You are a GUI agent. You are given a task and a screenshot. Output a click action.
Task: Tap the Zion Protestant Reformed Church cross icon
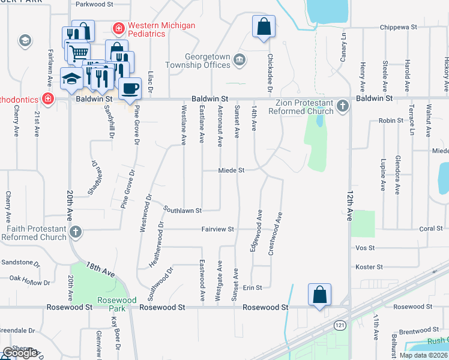[x=343, y=106]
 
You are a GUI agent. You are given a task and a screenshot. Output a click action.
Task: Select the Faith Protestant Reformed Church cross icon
[x=76, y=232]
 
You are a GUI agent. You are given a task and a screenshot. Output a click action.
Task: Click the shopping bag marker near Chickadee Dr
[x=264, y=27]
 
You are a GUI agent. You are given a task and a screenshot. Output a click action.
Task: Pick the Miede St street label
[x=232, y=170]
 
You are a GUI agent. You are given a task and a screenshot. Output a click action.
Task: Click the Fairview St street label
[x=217, y=229]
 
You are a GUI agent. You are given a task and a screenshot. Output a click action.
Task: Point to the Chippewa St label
[x=399, y=27]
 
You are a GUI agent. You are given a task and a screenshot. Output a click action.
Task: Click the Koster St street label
[x=369, y=267]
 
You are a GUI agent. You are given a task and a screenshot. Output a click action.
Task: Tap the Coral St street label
[x=430, y=229]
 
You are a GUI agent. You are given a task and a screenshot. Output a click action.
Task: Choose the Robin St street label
[x=391, y=121]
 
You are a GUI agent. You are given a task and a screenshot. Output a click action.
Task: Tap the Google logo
[x=20, y=353]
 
